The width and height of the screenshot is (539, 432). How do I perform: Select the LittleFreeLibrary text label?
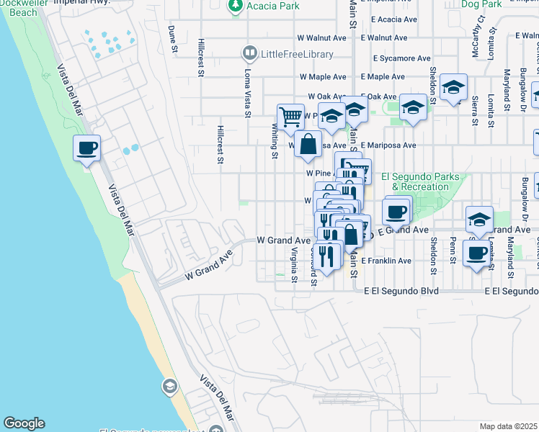[x=297, y=54]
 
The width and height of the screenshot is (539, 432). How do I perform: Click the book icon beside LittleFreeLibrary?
[x=249, y=53]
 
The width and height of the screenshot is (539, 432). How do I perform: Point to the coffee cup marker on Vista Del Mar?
[x=86, y=149]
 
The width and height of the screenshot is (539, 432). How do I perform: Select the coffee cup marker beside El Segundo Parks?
[x=396, y=212]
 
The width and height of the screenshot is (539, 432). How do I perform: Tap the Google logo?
[x=24, y=423]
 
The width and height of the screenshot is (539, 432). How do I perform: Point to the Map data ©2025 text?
[x=509, y=426]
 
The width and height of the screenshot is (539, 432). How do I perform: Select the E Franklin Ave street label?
[x=386, y=261]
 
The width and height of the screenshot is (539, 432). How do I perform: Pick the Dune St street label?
[x=172, y=40]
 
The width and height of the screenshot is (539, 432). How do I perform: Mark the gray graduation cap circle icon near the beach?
[x=169, y=385]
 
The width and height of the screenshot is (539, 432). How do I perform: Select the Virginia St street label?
[x=294, y=266]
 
